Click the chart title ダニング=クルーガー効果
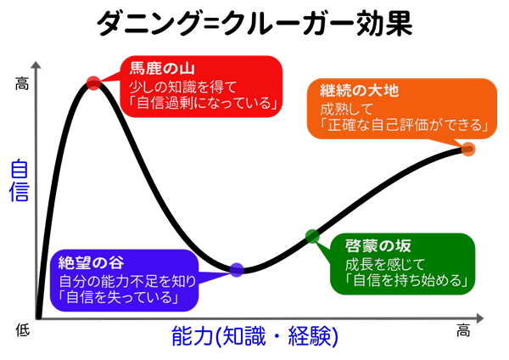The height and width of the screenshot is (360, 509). coord(255,24)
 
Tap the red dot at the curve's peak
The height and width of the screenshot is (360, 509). coord(94,83)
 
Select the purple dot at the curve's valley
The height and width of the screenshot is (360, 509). coord(237,270)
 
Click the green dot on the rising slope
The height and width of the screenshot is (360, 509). coord(312,236)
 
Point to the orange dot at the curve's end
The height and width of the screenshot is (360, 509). coord(468,149)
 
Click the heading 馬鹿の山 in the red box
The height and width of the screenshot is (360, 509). coord(162,68)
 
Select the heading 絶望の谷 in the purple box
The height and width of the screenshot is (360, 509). coord(92,262)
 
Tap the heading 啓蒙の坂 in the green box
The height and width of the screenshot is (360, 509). coord(378,246)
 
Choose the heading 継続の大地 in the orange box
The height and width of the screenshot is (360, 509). coord(360,90)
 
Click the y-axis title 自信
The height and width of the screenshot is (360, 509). coord(20,180)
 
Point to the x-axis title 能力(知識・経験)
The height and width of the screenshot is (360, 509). coord(255,336)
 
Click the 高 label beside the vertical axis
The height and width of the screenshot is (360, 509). coord(22,84)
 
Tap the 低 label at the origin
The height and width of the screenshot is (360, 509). coord(22,329)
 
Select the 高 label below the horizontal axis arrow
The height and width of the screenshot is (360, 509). coord(463,330)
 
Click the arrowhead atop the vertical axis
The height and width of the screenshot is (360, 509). coord(36,65)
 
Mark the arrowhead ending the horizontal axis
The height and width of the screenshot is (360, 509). coord(480,318)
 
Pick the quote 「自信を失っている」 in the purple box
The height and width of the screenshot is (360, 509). coord(119,297)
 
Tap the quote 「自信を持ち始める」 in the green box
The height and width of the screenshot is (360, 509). coord(406,280)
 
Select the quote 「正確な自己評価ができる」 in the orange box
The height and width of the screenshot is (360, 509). coord(404,125)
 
